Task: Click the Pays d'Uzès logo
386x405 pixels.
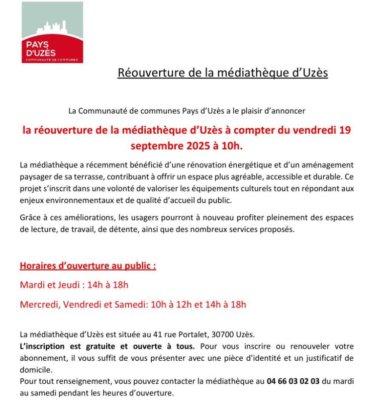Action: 52,32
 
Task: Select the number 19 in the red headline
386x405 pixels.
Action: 345,130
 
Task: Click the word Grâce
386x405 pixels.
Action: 31,218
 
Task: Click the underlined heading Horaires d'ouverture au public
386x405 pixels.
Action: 88,266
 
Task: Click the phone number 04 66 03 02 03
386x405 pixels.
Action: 294,381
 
